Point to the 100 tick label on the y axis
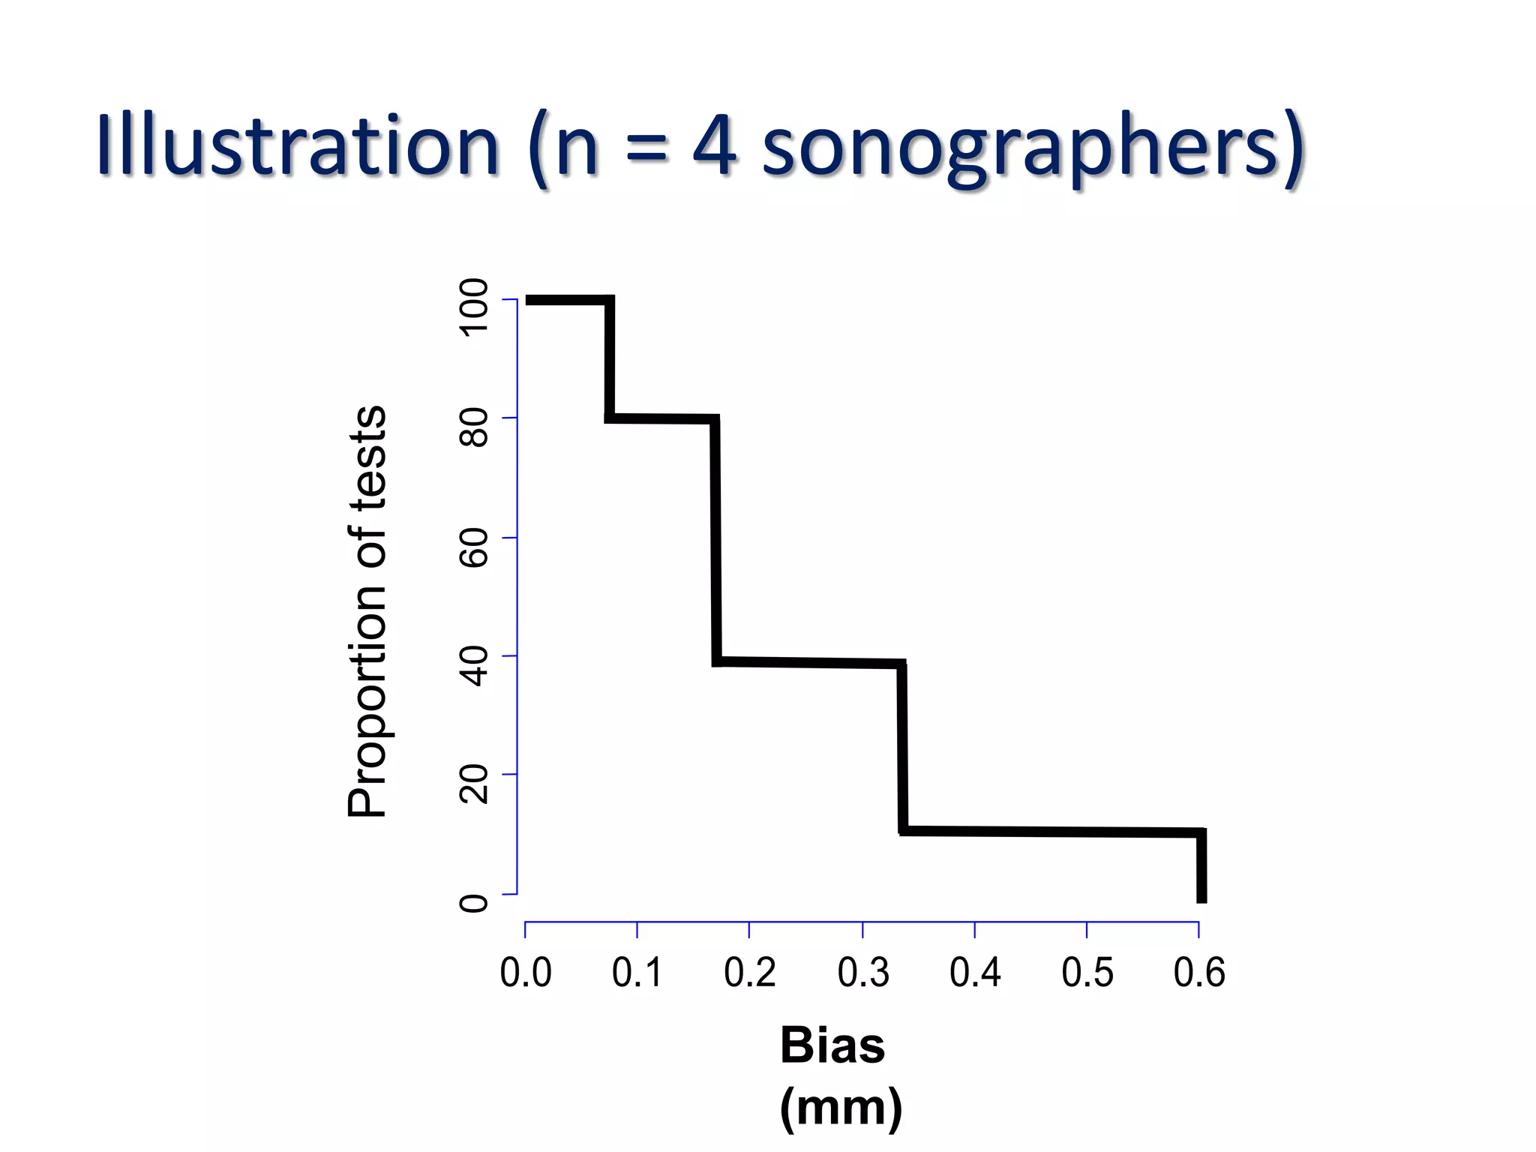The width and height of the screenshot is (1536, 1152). (473, 307)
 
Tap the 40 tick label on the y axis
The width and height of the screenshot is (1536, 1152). (473, 667)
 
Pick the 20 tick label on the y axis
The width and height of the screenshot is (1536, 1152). (473, 784)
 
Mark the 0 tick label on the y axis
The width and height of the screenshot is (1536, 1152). (473, 902)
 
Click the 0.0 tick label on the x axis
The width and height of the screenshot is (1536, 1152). (526, 973)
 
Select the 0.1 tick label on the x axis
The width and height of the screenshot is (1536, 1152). (637, 973)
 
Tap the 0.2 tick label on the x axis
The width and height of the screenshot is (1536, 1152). (750, 973)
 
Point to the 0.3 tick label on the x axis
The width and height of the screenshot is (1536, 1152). (863, 973)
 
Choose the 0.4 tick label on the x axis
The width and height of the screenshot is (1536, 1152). (975, 973)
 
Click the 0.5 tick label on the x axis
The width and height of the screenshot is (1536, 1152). (1087, 973)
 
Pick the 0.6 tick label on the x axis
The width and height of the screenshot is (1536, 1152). (1199, 973)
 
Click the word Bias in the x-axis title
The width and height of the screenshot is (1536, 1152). (832, 1045)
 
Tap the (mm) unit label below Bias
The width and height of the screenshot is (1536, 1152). (841, 1107)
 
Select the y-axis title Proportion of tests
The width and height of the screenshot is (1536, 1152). (367, 611)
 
